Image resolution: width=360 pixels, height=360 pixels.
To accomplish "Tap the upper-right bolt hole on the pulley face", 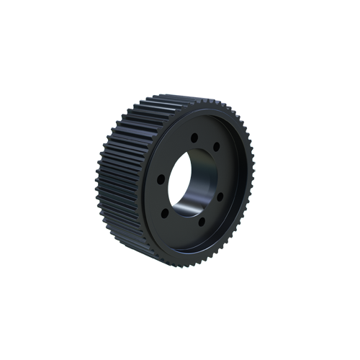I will click(216, 146).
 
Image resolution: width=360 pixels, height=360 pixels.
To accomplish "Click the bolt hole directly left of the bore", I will click(161, 179).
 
